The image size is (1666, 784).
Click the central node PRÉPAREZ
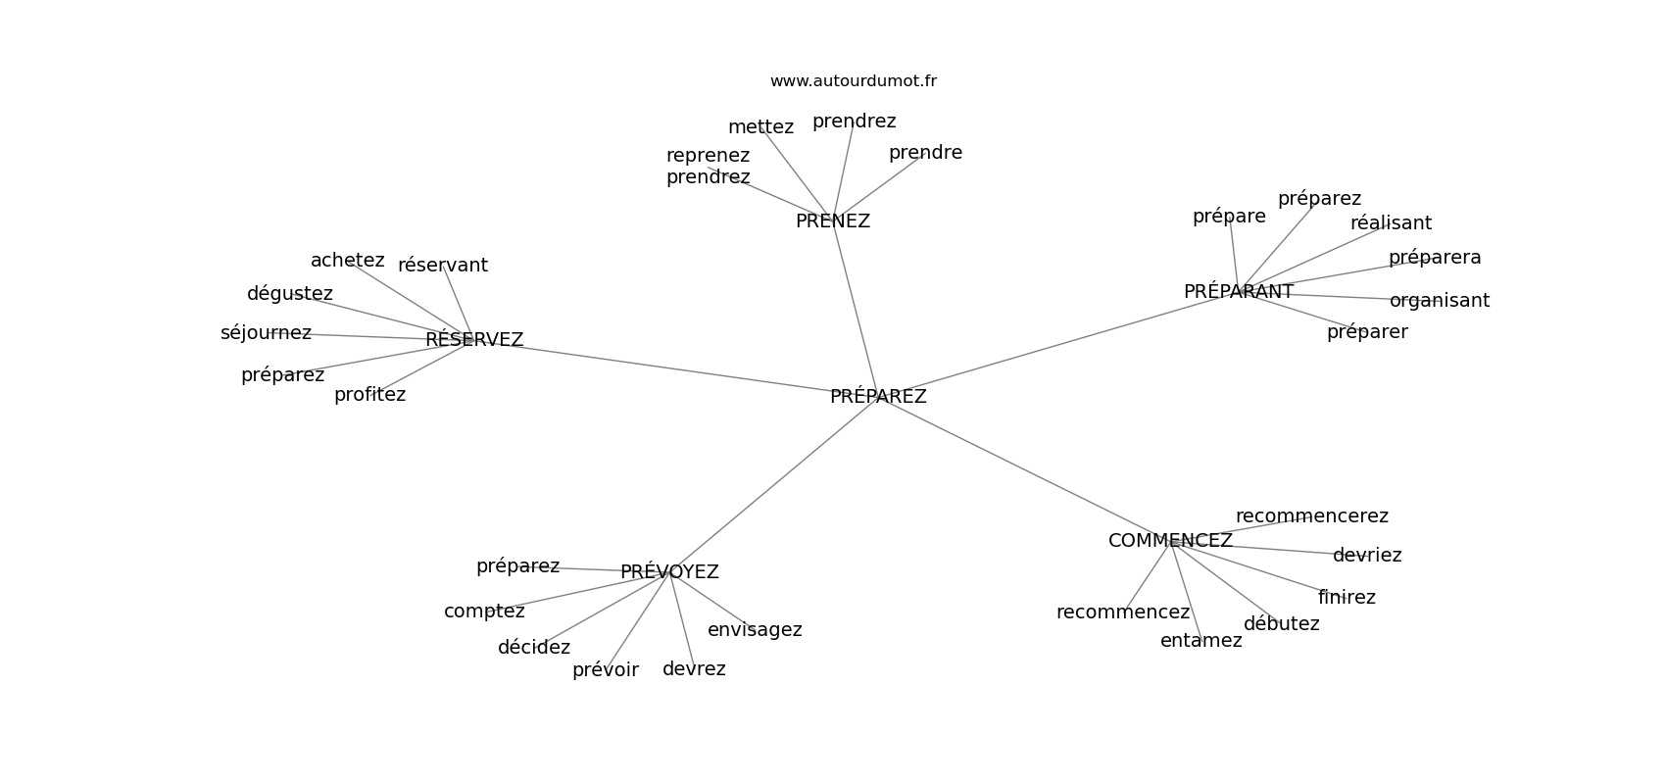pos(878,397)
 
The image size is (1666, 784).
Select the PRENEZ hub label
pos(832,220)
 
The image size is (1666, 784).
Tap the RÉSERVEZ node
pos(474,339)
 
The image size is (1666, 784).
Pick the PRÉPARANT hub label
pos(1239,292)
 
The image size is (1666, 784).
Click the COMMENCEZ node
pos(1170,541)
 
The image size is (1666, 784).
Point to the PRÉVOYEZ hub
pos(669,572)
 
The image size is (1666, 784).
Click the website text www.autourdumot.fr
pos(853,81)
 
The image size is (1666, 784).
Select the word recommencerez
pos(1312,516)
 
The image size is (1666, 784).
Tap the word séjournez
pos(266,333)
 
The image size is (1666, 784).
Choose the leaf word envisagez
pos(755,630)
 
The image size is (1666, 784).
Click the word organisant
pos(1440,301)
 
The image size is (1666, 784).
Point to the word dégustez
pos(289,294)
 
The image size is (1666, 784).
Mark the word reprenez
pos(708,156)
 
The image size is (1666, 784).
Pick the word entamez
pos(1201,641)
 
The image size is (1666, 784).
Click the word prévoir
pos(606,670)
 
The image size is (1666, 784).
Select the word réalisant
pos(1391,223)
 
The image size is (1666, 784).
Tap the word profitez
pos(369,395)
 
